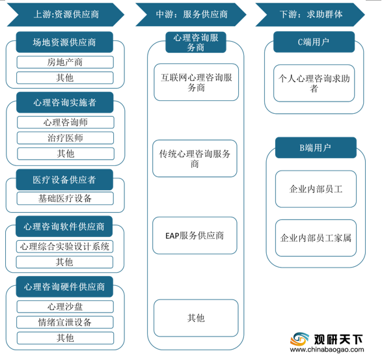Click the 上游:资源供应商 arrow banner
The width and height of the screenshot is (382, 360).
pyautogui.click(x=66, y=14)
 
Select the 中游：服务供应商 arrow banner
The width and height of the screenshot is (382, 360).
pyautogui.click(x=191, y=14)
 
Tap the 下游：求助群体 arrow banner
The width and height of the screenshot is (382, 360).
pyautogui.click(x=310, y=14)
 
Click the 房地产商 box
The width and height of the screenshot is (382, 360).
pyautogui.click(x=65, y=62)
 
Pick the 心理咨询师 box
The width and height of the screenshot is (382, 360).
pyautogui.click(x=66, y=122)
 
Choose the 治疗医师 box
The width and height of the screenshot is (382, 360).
pyautogui.click(x=65, y=138)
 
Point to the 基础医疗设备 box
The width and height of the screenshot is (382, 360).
pyautogui.click(x=65, y=199)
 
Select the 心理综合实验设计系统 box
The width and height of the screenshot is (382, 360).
pyautogui.click(x=64, y=247)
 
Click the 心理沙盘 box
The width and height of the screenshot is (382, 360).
pyautogui.click(x=65, y=307)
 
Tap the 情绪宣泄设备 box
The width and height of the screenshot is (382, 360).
pyautogui.click(x=65, y=322)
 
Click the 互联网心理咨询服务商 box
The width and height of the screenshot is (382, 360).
pyautogui.click(x=196, y=82)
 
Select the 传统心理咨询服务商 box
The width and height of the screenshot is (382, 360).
pyautogui.click(x=195, y=158)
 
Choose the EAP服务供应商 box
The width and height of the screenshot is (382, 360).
pyautogui.click(x=195, y=236)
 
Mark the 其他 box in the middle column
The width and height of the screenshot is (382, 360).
pyautogui.click(x=196, y=318)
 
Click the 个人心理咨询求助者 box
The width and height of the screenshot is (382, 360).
pyautogui.click(x=314, y=83)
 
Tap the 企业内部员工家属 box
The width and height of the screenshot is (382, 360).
pyautogui.click(x=316, y=238)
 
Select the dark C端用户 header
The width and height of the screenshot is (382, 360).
pyautogui.click(x=314, y=42)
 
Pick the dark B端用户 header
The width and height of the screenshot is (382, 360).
pyautogui.click(x=316, y=148)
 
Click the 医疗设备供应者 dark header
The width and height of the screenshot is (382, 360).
pyautogui.click(x=64, y=180)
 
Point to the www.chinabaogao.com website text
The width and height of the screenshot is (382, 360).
pyautogui.click(x=327, y=350)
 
